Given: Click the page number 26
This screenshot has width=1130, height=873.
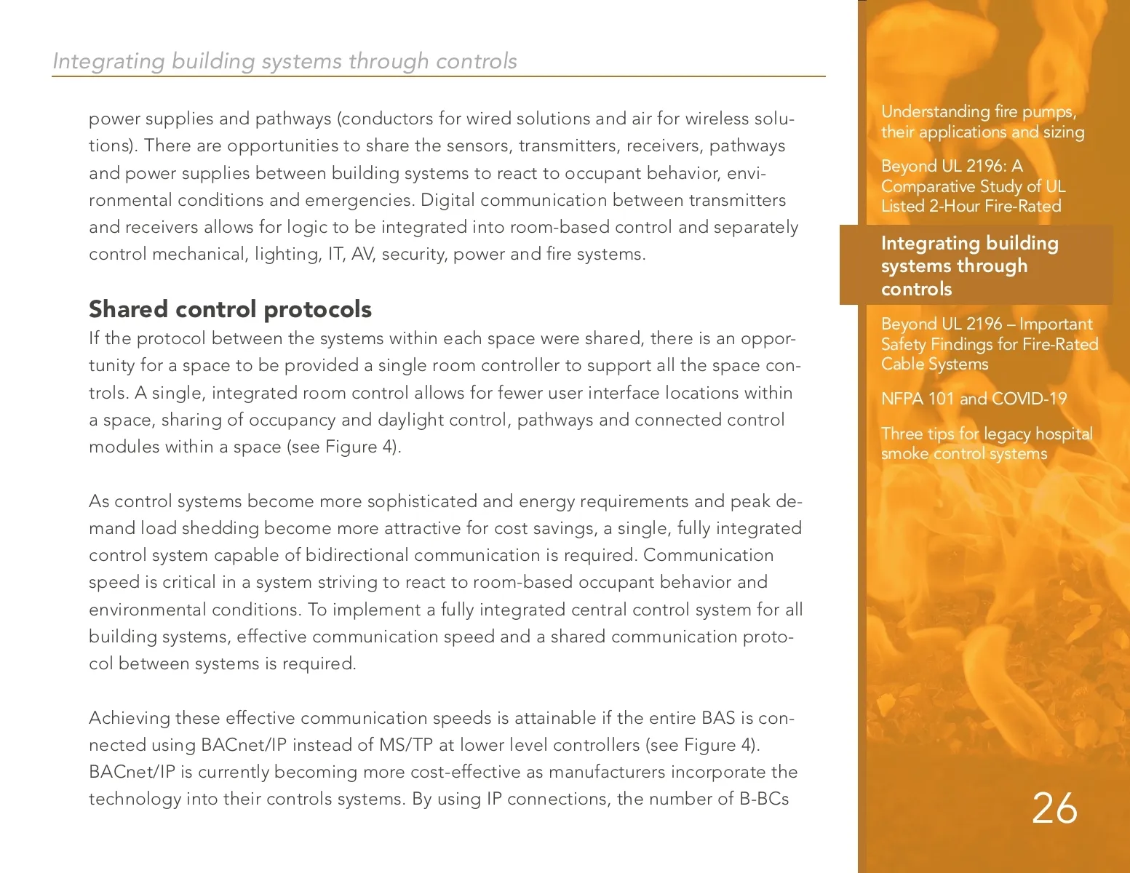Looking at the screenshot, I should (1054, 808).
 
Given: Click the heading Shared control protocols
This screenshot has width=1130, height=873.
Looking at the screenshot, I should (230, 309).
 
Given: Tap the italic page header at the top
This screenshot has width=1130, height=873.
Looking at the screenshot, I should (285, 61).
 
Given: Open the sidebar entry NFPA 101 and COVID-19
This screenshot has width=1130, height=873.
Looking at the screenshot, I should (974, 399).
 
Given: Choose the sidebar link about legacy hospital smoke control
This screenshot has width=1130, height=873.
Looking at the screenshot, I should (987, 444).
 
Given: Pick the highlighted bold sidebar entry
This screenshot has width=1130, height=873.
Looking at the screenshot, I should (969, 266).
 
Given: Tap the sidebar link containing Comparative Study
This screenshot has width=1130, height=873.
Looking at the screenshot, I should (973, 186).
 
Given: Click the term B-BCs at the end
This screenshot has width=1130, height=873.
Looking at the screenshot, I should (764, 799).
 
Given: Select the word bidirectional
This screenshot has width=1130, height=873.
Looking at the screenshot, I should (357, 555).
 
